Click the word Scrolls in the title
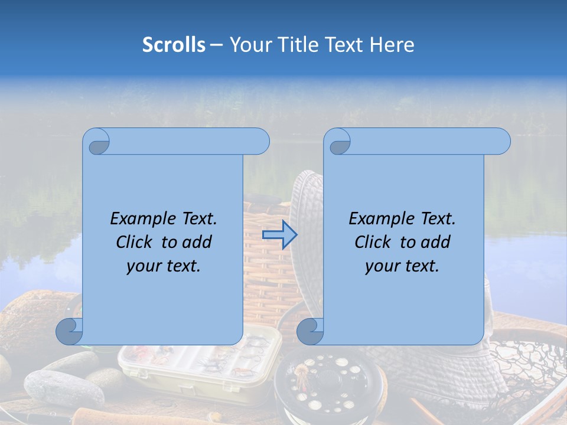[x=174, y=44]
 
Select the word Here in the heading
[x=392, y=44]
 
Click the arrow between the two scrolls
[x=279, y=235]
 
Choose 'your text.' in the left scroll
[x=164, y=266]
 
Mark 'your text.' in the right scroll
[x=402, y=266]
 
